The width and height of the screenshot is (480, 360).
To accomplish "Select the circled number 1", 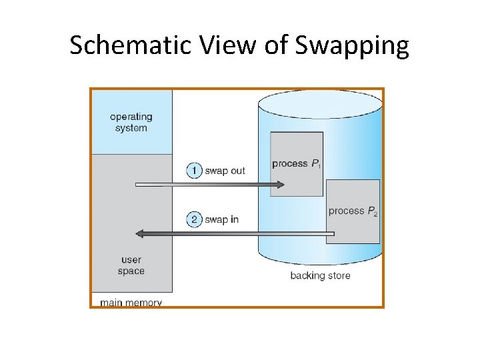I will coord(194,171).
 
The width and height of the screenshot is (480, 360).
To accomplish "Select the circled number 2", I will coord(194,219).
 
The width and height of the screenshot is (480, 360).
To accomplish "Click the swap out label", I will coord(225,171).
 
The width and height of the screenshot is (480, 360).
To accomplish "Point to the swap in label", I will coord(221,219).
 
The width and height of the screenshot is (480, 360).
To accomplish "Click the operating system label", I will coord(131,123).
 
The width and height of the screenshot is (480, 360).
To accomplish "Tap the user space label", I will coord(131,265).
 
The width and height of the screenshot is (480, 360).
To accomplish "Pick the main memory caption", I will coord(131,303).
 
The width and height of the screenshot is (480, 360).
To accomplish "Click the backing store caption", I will coord(320,275).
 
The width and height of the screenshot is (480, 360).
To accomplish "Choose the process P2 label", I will coord(353,211).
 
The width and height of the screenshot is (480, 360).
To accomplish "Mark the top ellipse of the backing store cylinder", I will coord(321,104).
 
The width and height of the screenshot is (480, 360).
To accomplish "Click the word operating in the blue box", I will coord(131,117).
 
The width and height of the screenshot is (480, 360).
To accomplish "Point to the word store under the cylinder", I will coord(337,275).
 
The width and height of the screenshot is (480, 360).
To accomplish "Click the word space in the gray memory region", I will coord(131,271).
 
